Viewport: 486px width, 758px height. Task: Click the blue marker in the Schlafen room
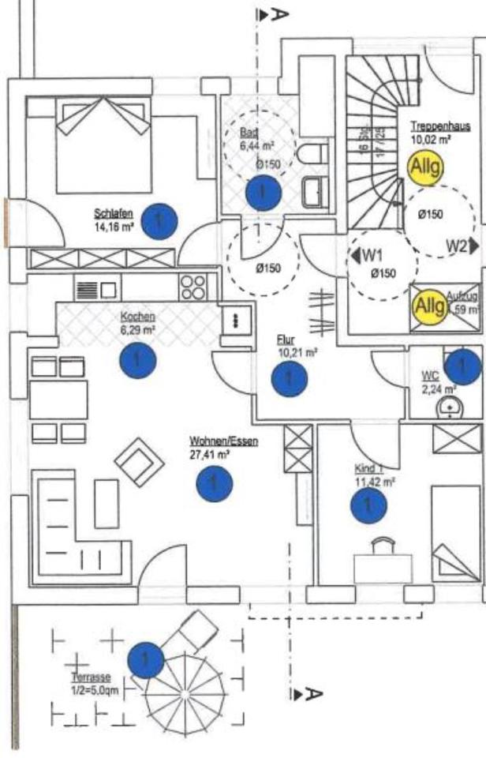point(159,221)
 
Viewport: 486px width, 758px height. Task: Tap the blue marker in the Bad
point(262,192)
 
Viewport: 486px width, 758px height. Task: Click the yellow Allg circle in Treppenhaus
point(426,167)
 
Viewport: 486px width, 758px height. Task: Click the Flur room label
point(286,340)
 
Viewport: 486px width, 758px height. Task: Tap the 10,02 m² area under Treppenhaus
point(431,140)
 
